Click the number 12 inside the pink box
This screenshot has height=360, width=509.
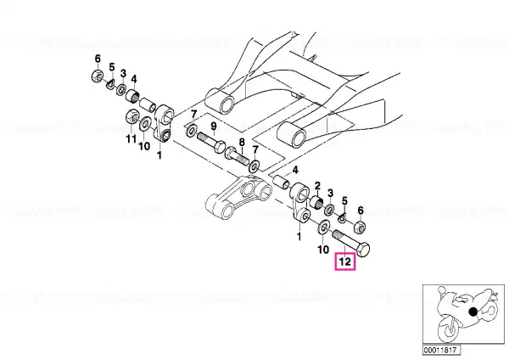(x=345, y=262)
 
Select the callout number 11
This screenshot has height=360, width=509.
(x=131, y=138)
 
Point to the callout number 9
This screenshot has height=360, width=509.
(x=214, y=126)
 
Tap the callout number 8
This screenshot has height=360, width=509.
(x=242, y=143)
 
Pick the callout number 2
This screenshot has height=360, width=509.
(x=317, y=186)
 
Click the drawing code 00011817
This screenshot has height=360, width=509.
(x=441, y=351)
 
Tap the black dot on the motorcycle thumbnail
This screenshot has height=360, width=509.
(x=473, y=312)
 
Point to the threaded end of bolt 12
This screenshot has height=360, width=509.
(x=336, y=234)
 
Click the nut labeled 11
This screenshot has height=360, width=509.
(x=131, y=115)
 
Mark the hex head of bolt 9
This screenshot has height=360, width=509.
(x=219, y=146)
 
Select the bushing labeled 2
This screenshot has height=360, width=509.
(x=316, y=202)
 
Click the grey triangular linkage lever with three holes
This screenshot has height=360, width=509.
(x=239, y=197)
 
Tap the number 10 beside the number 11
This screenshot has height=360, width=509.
(x=144, y=146)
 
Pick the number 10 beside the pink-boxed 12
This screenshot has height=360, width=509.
(x=323, y=250)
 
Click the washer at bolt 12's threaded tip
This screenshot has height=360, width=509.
(x=323, y=227)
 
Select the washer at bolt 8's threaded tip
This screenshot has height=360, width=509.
(x=254, y=166)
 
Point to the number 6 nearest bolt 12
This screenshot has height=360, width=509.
(x=361, y=211)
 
